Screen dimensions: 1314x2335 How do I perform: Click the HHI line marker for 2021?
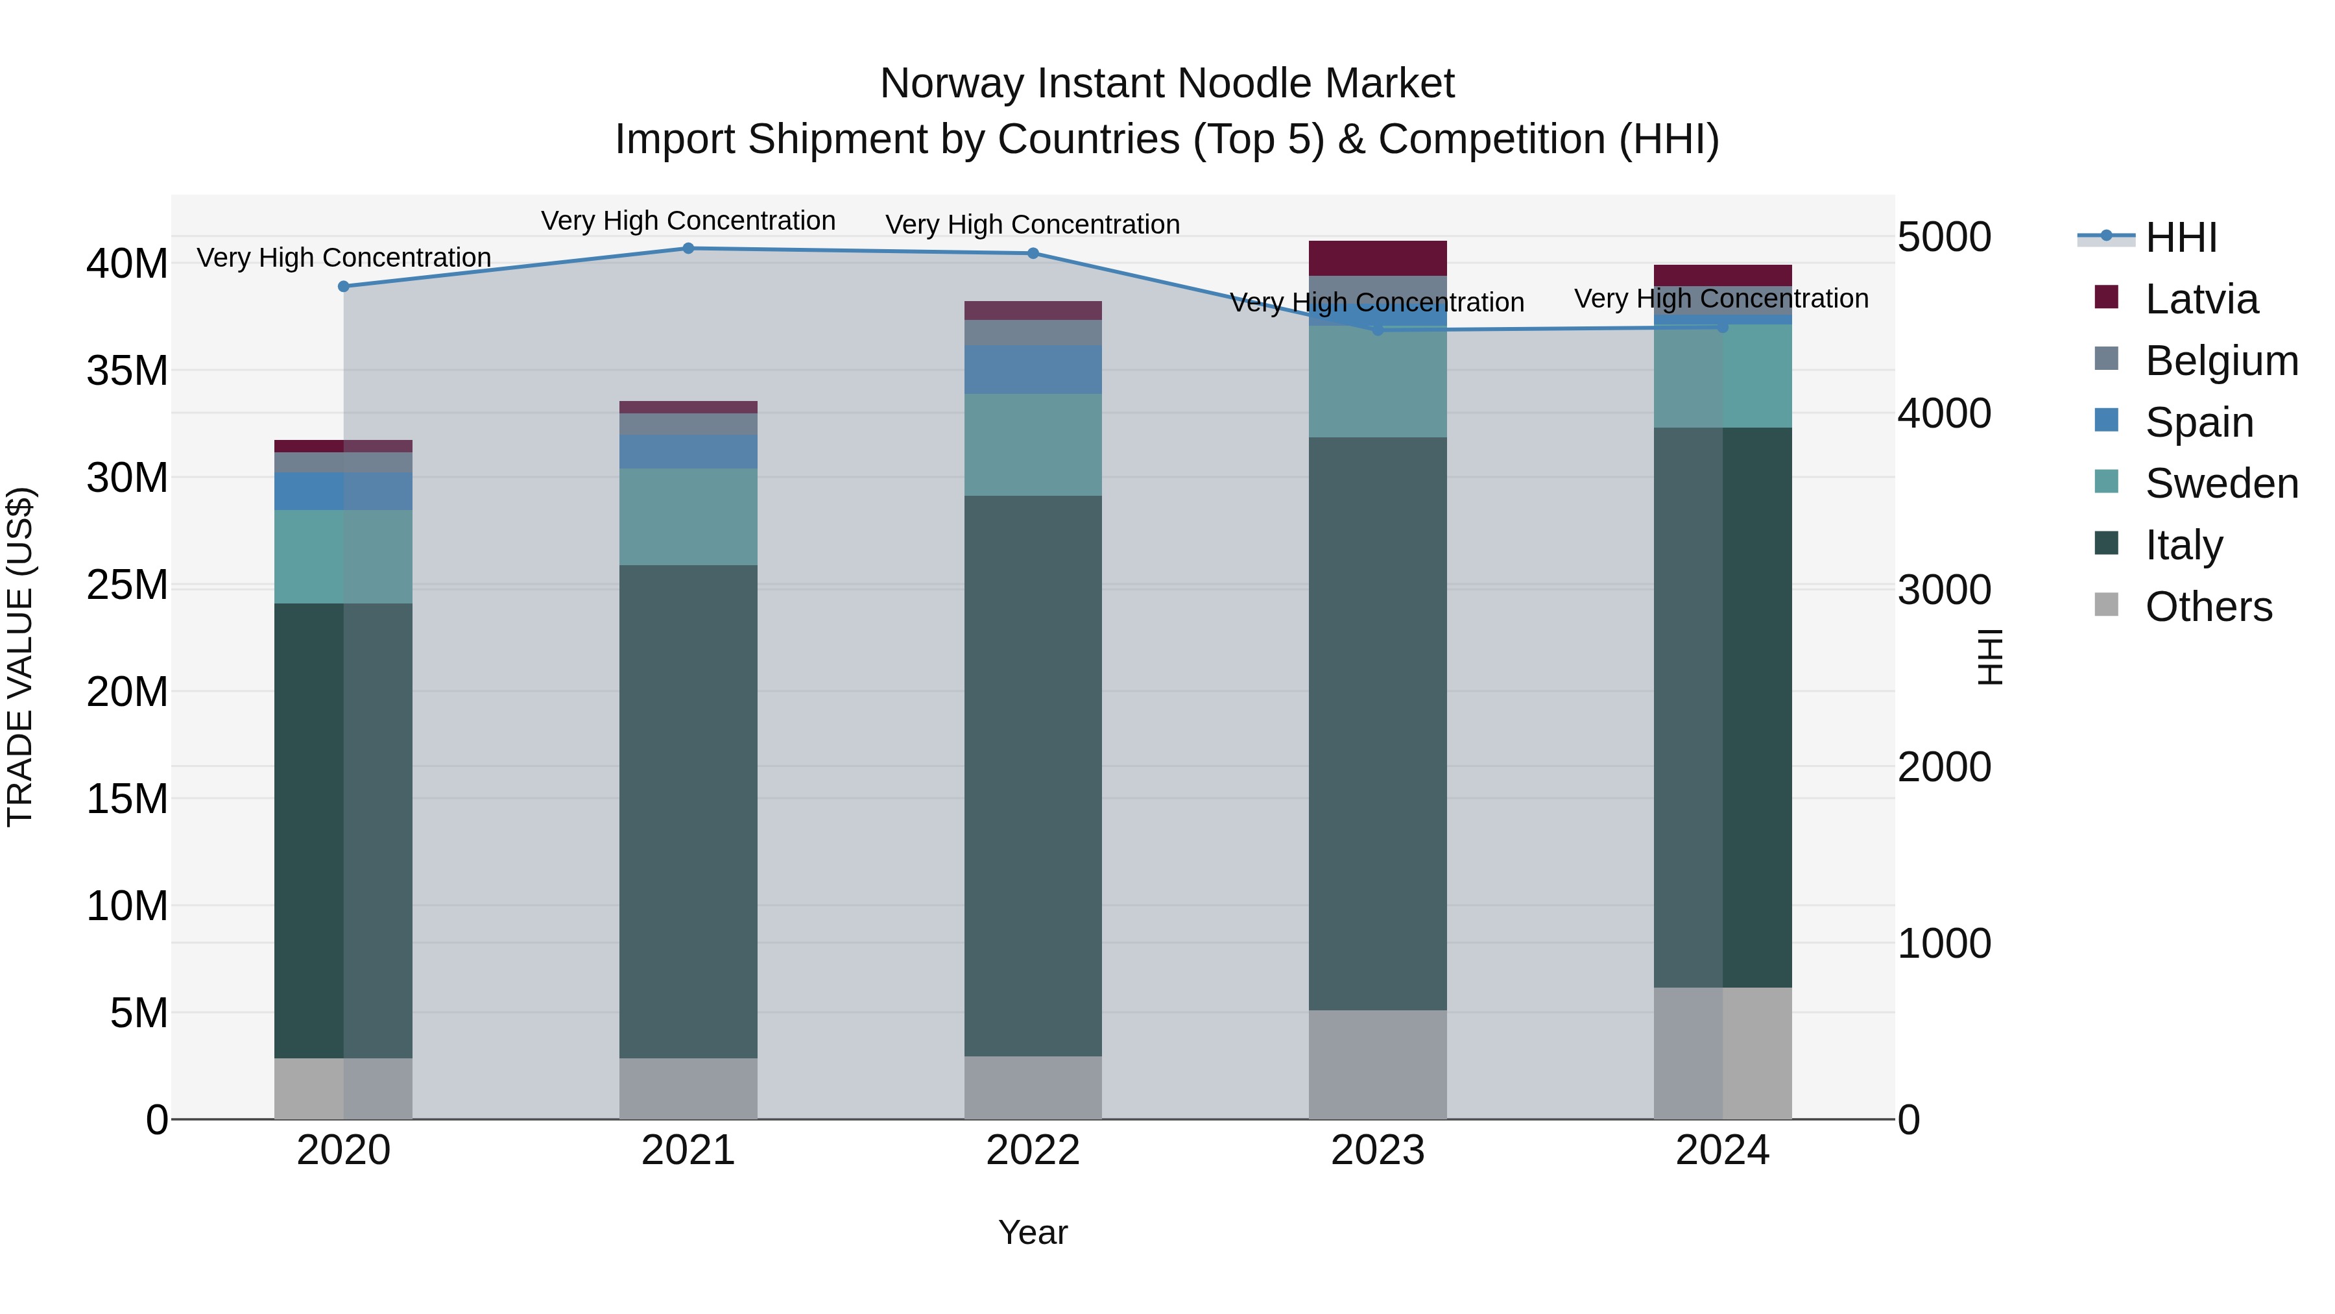(x=688, y=249)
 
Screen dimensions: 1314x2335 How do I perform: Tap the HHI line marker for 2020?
(x=344, y=287)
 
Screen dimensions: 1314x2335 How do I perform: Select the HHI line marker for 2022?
(x=1033, y=254)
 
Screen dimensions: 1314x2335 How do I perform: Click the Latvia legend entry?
(x=2200, y=299)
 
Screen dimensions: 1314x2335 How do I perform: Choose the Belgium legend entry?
(x=2220, y=361)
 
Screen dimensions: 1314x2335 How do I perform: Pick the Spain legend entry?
(x=2198, y=422)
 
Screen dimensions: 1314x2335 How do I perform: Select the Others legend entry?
(x=2207, y=607)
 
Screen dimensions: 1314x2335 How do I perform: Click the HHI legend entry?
(x=2180, y=237)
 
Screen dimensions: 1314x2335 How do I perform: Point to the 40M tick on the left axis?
(x=127, y=264)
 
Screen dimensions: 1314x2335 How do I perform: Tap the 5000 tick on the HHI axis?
(x=1945, y=237)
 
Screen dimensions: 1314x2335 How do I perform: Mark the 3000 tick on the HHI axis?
(x=1945, y=590)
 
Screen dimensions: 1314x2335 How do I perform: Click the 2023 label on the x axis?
(x=1377, y=1150)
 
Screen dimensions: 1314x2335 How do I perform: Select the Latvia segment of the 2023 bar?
(x=1377, y=258)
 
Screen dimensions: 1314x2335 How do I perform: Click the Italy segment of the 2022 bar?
(x=1033, y=775)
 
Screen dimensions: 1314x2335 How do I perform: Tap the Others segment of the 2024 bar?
(x=1722, y=1053)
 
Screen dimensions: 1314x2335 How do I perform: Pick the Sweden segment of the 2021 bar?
(x=688, y=517)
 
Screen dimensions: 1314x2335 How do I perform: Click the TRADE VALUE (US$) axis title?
(x=21, y=657)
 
